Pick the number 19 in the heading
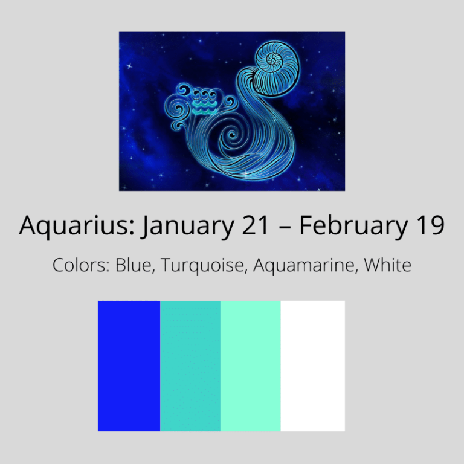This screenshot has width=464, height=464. pyautogui.click(x=430, y=227)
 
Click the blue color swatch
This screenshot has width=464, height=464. pyautogui.click(x=129, y=366)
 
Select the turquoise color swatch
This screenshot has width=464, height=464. pyautogui.click(x=190, y=366)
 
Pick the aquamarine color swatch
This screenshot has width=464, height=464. pyautogui.click(x=251, y=366)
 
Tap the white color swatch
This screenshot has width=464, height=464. pyautogui.click(x=313, y=366)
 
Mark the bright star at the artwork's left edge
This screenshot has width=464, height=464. pyautogui.click(x=129, y=65)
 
